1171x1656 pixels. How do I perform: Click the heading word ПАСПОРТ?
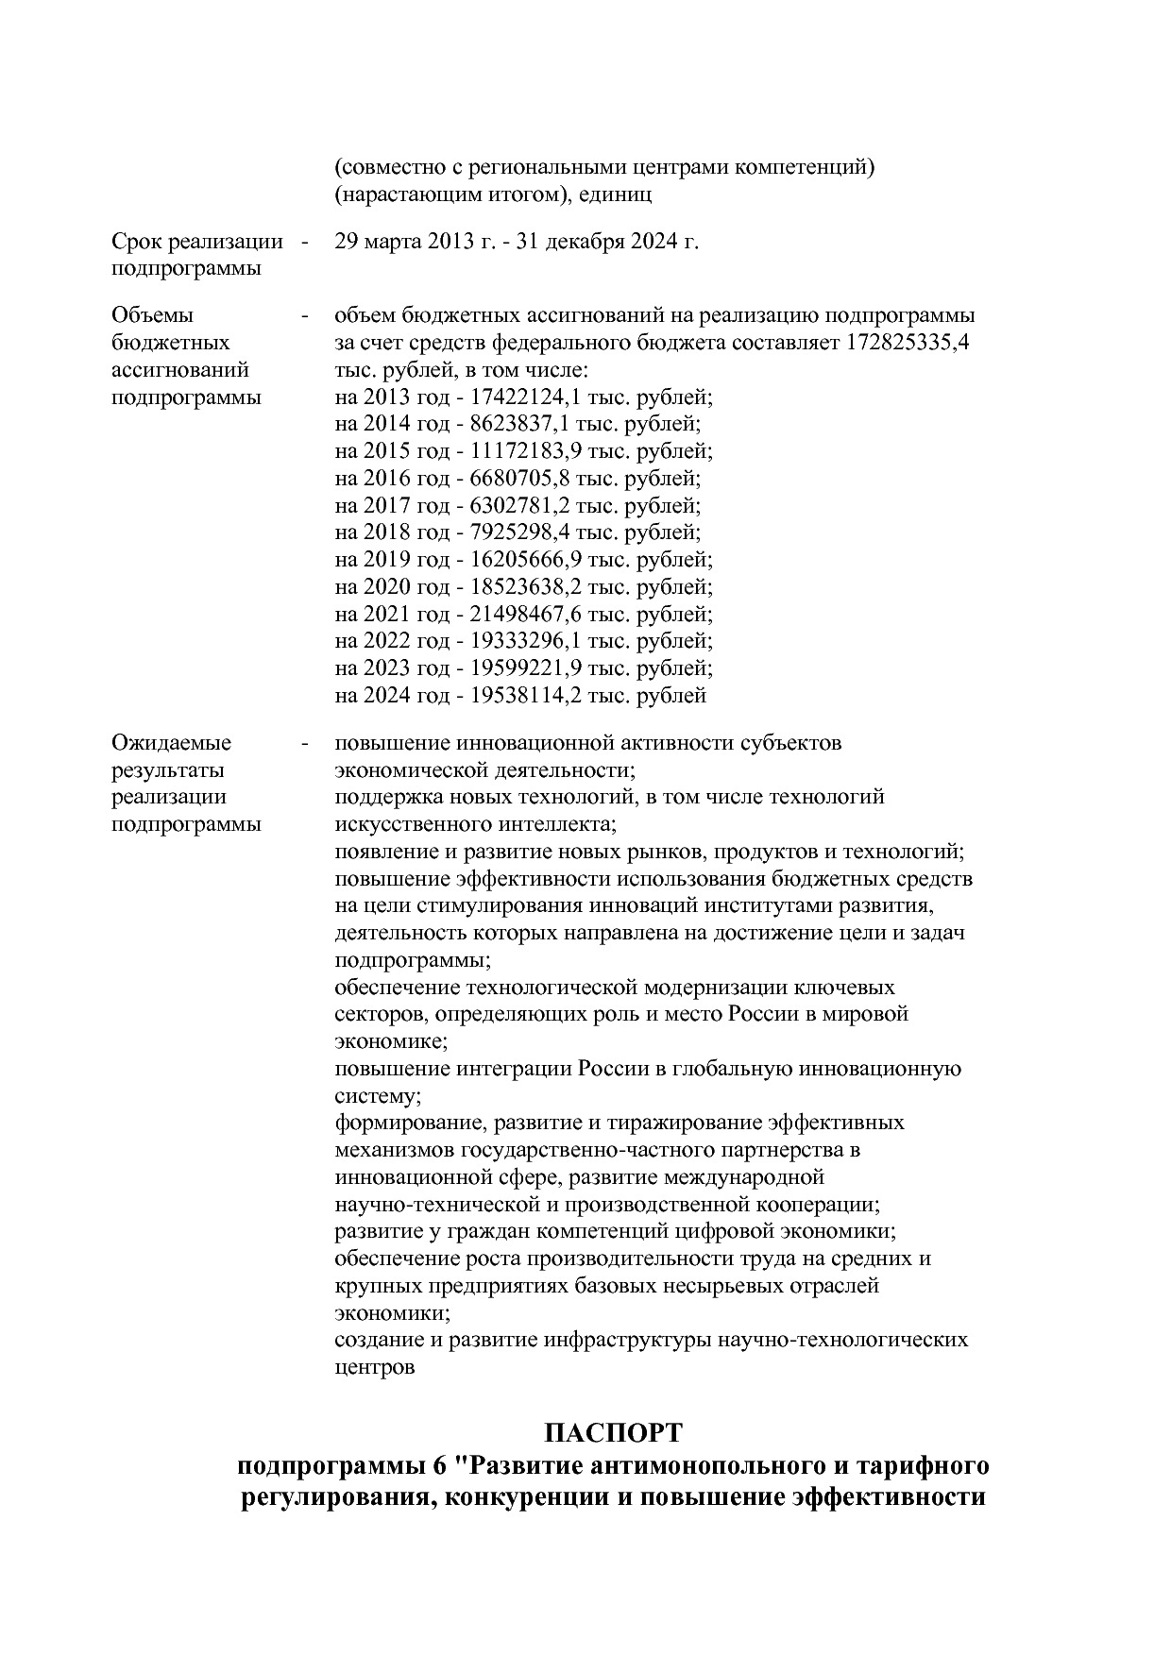tap(613, 1433)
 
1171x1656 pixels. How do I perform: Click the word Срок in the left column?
tap(136, 242)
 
